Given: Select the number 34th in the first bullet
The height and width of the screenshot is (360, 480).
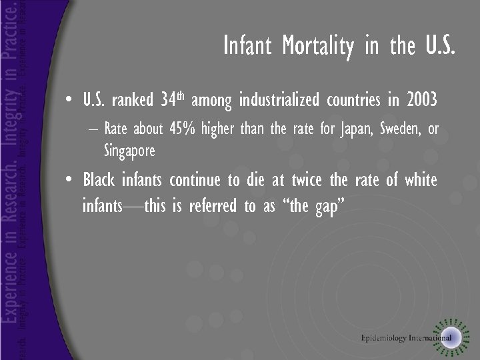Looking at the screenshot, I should (x=172, y=101).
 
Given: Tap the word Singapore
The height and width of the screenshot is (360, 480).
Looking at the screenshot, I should (x=129, y=151).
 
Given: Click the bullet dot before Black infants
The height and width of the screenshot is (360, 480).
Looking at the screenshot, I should (x=70, y=181).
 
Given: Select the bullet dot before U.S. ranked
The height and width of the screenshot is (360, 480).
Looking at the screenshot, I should (x=70, y=101).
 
